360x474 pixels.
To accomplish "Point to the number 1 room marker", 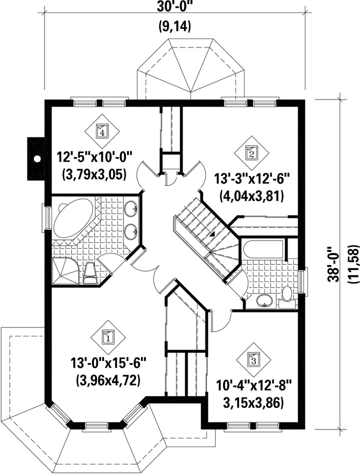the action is (x=108, y=336).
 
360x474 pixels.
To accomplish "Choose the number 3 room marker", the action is (x=253, y=359).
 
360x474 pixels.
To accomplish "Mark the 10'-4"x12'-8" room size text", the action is (x=253, y=386).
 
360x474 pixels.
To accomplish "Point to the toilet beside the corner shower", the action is (x=89, y=273).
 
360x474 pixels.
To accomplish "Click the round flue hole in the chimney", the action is (x=37, y=158).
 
